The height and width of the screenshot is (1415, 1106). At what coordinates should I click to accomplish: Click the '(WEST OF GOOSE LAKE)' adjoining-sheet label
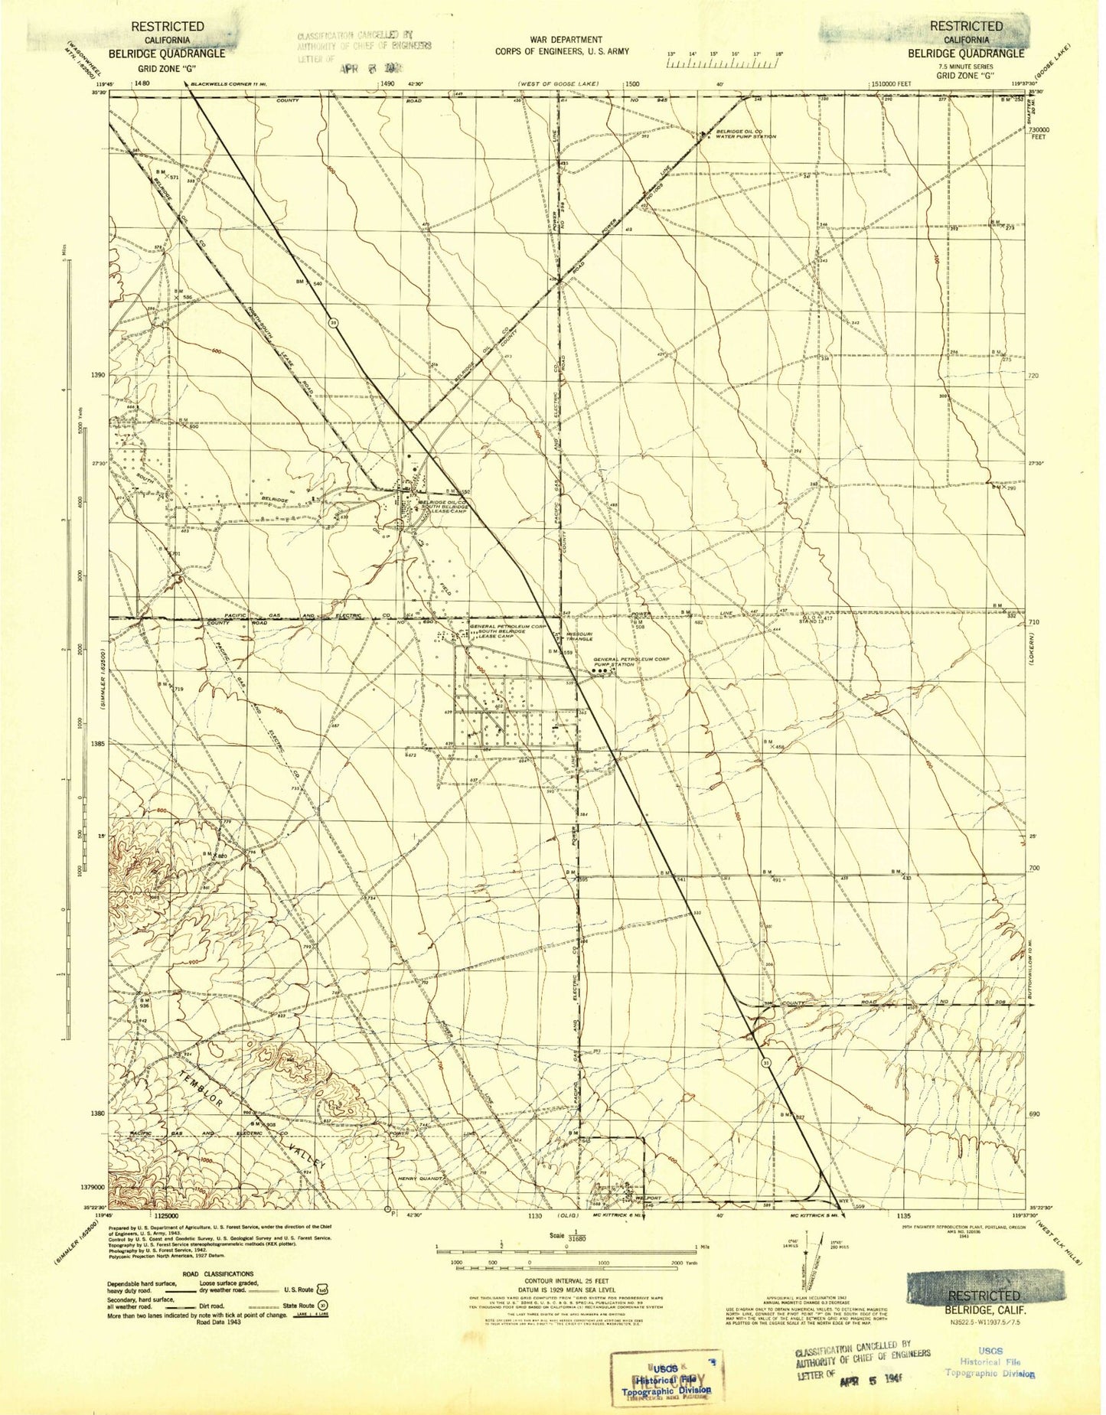(x=557, y=83)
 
